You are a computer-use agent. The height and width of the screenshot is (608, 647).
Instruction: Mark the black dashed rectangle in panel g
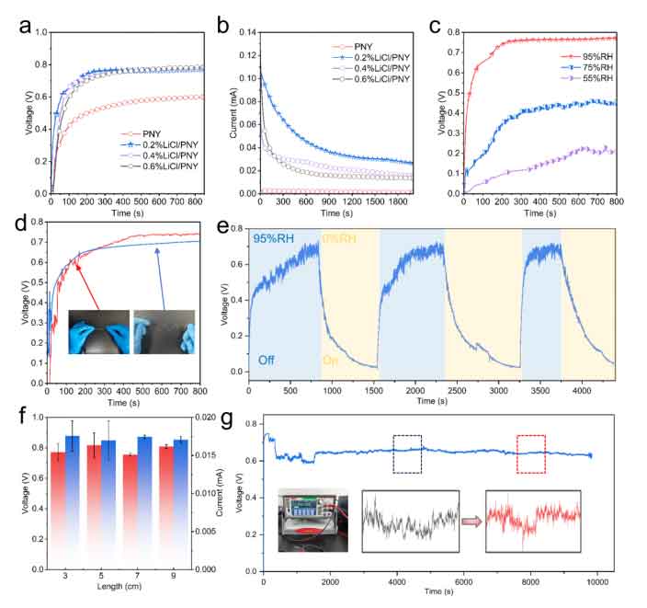click(407, 454)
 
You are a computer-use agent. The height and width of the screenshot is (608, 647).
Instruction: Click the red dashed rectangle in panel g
click(530, 454)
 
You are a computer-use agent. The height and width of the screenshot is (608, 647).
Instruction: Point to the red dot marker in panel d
click(78, 267)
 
